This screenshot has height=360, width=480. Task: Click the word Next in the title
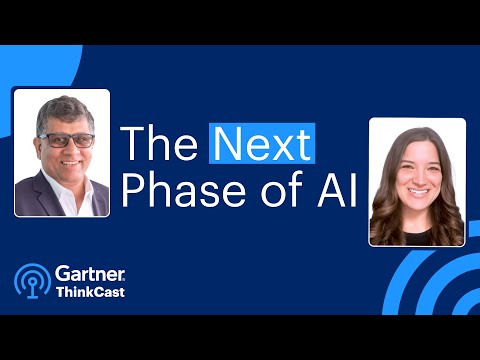[x=262, y=146]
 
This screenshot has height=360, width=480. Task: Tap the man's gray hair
[x=59, y=113]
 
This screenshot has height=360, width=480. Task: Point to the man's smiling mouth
[x=62, y=163]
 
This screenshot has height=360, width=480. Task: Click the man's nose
[x=62, y=150]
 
